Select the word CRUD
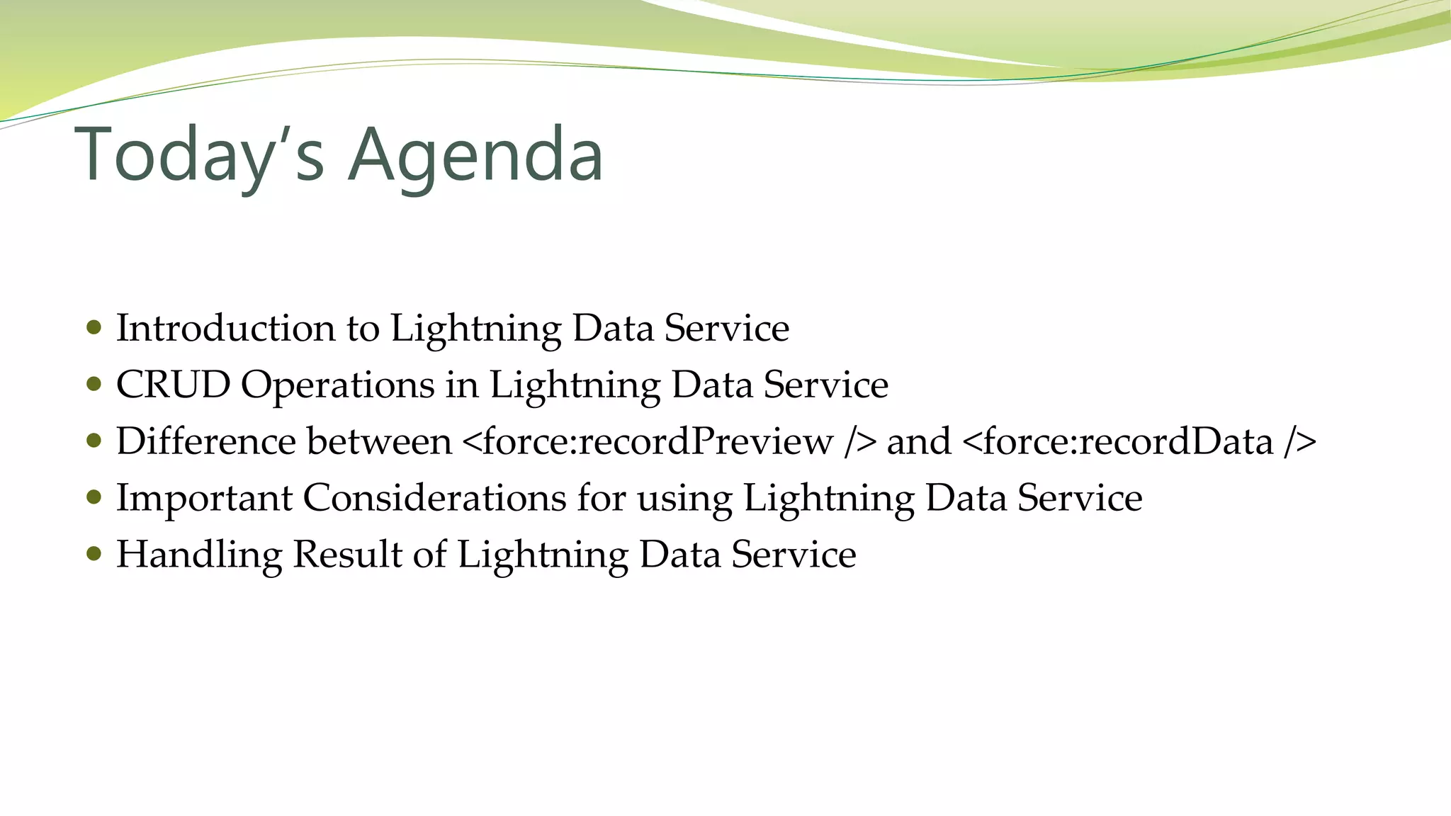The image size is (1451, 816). [x=173, y=385]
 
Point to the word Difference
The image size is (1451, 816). [x=205, y=441]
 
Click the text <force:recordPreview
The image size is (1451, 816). [x=648, y=441]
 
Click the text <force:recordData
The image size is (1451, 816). [x=1117, y=441]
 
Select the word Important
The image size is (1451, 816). [x=204, y=499]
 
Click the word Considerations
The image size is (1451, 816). [x=434, y=498]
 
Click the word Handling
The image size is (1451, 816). [x=199, y=555]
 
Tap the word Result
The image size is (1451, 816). [x=347, y=555]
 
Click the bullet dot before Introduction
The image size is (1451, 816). [x=94, y=328]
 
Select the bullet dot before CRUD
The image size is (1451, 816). [x=94, y=385]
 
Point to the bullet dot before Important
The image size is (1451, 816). [x=94, y=497]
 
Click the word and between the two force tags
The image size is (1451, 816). [x=918, y=441]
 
